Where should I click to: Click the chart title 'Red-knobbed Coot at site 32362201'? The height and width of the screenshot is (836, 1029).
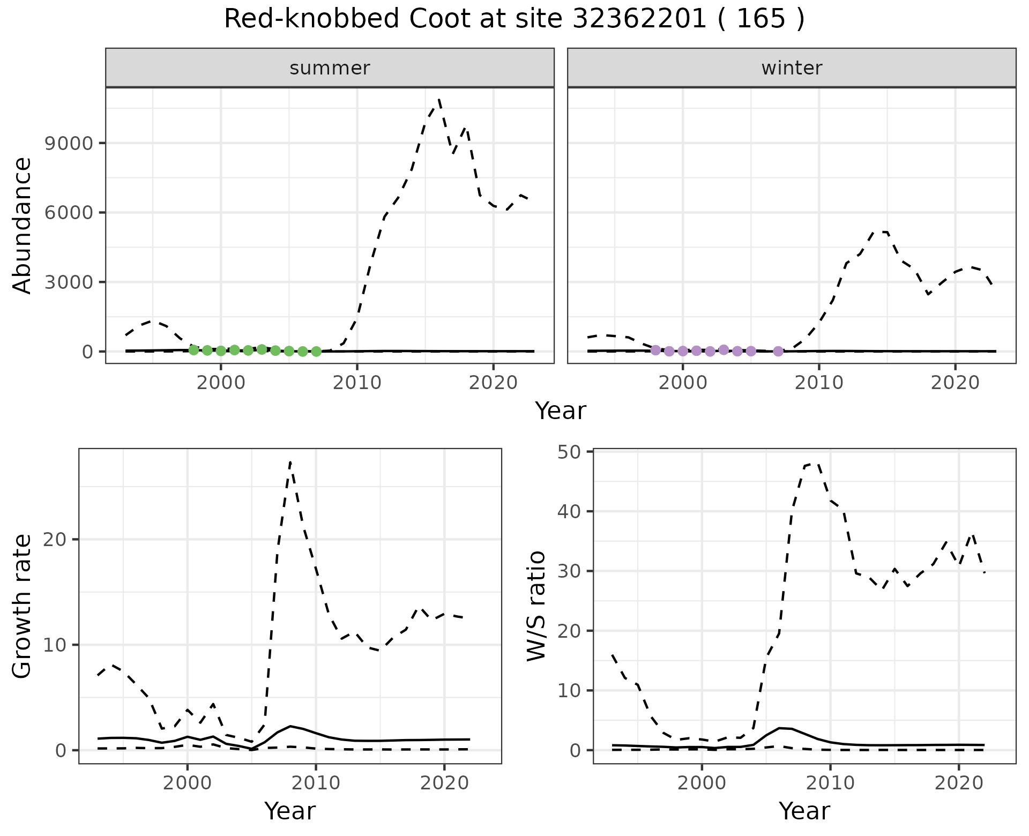coord(513,19)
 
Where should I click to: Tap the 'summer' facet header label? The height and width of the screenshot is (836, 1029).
coord(330,68)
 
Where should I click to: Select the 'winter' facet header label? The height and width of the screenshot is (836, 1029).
coord(792,68)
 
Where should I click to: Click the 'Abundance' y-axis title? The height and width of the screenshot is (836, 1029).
coord(23,226)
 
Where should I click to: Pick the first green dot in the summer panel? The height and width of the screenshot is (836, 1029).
coord(193,350)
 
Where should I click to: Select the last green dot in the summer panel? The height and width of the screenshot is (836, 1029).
coord(316,352)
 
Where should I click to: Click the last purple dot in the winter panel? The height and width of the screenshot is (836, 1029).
coord(778,352)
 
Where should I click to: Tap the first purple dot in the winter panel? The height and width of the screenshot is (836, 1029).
coord(655,350)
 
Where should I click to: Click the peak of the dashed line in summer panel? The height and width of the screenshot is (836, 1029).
coord(439,100)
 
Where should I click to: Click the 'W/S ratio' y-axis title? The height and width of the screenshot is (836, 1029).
coord(536,606)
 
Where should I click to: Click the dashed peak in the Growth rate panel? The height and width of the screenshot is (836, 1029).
coord(290,462)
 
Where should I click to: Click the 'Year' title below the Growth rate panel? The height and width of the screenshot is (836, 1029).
coord(290,811)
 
